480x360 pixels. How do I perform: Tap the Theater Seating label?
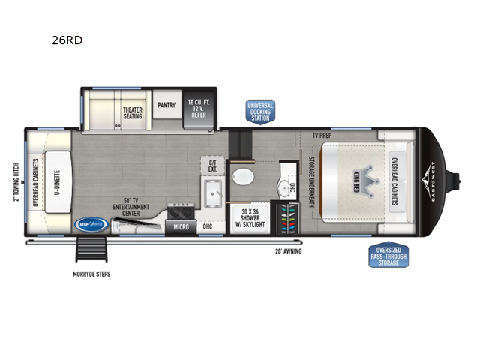pyautogui.click(x=133, y=114)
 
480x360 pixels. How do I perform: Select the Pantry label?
pyautogui.click(x=166, y=106)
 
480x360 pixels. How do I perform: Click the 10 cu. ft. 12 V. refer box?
pyautogui.click(x=199, y=109)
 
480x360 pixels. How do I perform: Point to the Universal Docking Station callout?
pyautogui.click(x=261, y=111)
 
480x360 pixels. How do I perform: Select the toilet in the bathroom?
pyautogui.click(x=244, y=177)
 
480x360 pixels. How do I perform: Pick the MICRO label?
pyautogui.click(x=179, y=226)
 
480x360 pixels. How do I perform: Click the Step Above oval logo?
pyautogui.click(x=90, y=223)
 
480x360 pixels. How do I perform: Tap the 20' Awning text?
pyautogui.click(x=289, y=253)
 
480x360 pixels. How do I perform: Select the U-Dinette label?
pyautogui.click(x=56, y=181)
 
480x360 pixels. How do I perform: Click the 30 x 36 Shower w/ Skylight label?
pyautogui.click(x=247, y=214)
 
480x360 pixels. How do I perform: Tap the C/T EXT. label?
pyautogui.click(x=212, y=165)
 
